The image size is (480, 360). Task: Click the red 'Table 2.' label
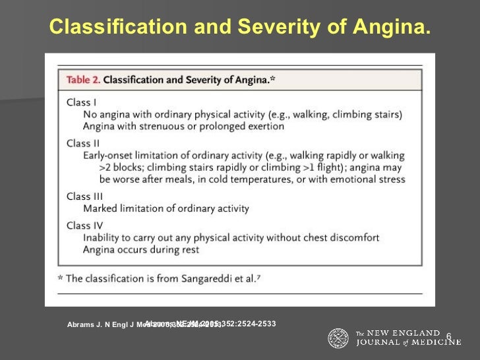point(83,80)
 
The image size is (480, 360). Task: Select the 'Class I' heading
point(82,102)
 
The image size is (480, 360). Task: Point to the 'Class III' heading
point(84,196)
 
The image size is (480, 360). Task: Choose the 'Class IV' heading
point(84,225)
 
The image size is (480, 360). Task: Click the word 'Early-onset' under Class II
point(111,155)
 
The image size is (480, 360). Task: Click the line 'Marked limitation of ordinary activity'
point(166,208)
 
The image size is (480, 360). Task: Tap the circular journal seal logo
point(339,338)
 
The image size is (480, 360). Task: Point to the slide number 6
point(449,337)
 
